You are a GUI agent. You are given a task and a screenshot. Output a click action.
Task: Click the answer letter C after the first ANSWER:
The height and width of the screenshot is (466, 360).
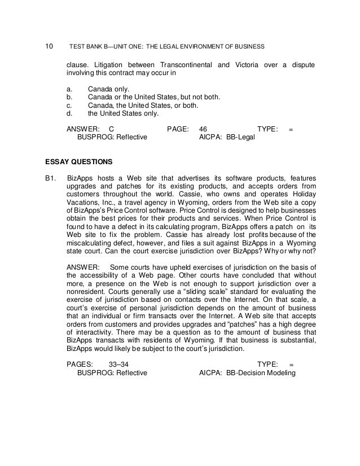[x=111, y=129]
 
